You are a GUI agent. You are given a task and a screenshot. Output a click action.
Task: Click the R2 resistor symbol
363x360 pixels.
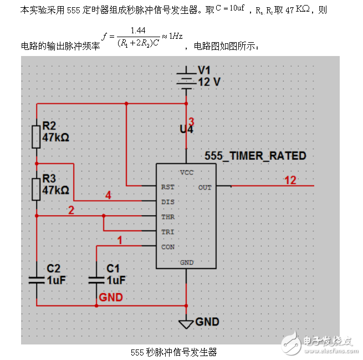point(37,136)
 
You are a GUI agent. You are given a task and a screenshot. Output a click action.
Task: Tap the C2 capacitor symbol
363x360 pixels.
point(37,277)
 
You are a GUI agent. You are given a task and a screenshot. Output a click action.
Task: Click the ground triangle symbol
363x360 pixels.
point(186,322)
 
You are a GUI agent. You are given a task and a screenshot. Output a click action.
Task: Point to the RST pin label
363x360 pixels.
point(167,187)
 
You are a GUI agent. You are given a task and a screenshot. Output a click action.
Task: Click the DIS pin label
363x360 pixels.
point(167,202)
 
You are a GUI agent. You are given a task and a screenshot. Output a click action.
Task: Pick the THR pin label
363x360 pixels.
point(167,217)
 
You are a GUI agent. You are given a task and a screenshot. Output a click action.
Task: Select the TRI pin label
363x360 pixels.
point(167,232)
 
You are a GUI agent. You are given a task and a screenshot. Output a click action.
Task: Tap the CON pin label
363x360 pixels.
point(167,247)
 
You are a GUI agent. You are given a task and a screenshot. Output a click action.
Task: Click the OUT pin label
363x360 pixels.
point(204,187)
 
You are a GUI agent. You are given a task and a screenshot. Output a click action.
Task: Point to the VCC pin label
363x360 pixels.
point(187,173)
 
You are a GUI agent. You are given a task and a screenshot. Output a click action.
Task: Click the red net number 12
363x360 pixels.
point(290,180)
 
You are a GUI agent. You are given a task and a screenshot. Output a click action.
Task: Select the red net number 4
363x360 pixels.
point(109,195)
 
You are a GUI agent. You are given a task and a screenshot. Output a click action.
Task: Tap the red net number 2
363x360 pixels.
point(70,210)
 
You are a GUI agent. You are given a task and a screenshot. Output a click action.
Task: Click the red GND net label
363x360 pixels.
point(111,297)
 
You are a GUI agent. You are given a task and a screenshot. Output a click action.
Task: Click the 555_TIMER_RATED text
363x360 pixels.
point(255,156)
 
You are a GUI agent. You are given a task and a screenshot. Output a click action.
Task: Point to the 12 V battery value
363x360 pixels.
point(209,82)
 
